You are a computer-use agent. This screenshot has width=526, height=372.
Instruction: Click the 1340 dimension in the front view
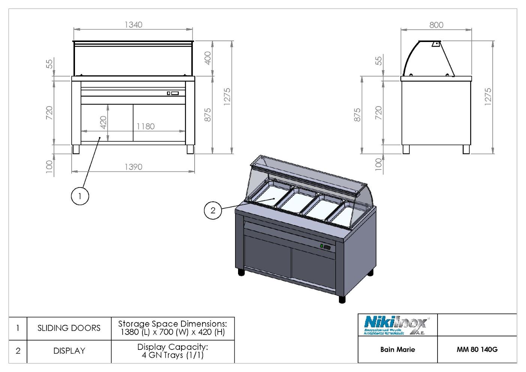tap(133, 25)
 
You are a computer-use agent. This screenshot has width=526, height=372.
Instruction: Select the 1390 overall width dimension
tap(133, 167)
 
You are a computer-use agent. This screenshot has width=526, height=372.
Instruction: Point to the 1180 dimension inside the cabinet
tap(145, 126)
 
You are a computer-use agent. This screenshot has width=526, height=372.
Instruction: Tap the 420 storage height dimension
tap(103, 121)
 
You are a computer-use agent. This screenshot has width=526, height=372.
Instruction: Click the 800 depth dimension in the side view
tap(436, 25)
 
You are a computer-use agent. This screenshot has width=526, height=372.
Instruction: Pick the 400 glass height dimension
tap(208, 58)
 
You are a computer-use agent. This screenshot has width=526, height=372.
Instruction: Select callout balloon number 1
tap(80, 196)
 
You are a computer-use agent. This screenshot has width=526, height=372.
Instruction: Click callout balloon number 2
tap(213, 210)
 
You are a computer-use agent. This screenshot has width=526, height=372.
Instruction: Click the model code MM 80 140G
tap(477, 349)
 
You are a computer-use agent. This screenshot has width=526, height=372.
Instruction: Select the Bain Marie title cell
tap(397, 349)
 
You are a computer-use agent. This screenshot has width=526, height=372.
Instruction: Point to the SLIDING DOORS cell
tap(69, 328)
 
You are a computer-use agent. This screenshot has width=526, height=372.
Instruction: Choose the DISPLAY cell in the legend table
tap(69, 351)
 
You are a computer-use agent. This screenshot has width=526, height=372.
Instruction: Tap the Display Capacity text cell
tap(172, 351)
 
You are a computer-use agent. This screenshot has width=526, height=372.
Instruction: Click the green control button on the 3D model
tap(322, 246)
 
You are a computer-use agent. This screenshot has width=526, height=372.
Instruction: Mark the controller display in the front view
tap(173, 93)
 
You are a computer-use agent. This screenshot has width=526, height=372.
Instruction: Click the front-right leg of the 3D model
tap(342, 299)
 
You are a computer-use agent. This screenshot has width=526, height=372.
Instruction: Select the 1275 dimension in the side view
tap(488, 97)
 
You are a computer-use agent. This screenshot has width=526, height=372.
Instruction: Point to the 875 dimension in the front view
tap(208, 115)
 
